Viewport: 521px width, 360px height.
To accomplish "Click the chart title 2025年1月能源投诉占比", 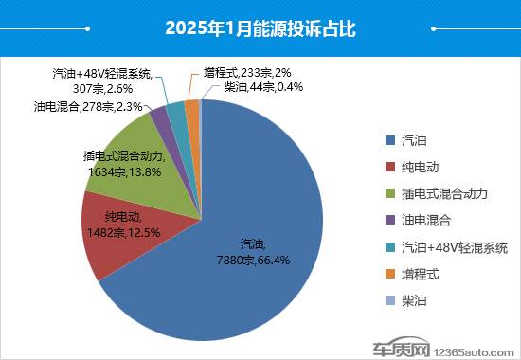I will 260,27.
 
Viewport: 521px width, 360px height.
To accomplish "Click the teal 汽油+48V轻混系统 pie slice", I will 175,111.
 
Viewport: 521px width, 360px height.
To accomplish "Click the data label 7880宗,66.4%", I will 237,258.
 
